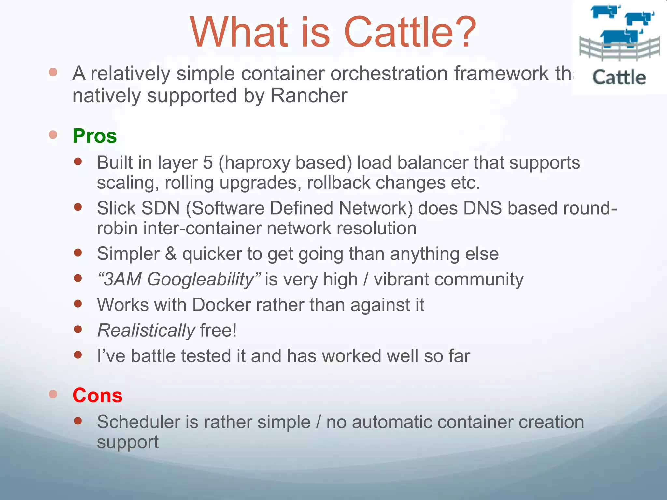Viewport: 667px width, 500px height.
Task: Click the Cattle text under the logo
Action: click(619, 78)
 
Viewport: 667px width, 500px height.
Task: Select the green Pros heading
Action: click(94, 136)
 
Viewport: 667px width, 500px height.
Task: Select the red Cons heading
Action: click(97, 396)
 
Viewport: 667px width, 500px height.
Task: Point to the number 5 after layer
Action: click(208, 162)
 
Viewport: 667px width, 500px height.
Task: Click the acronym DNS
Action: click(482, 208)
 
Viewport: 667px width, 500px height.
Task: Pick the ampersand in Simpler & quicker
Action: click(171, 254)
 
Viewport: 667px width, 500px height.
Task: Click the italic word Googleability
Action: click(200, 280)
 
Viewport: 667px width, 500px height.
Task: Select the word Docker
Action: click(221, 305)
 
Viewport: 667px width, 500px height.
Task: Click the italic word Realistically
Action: click(146, 331)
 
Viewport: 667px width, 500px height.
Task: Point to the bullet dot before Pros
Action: click(53, 135)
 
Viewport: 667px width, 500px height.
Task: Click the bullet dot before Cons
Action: click(53, 395)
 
